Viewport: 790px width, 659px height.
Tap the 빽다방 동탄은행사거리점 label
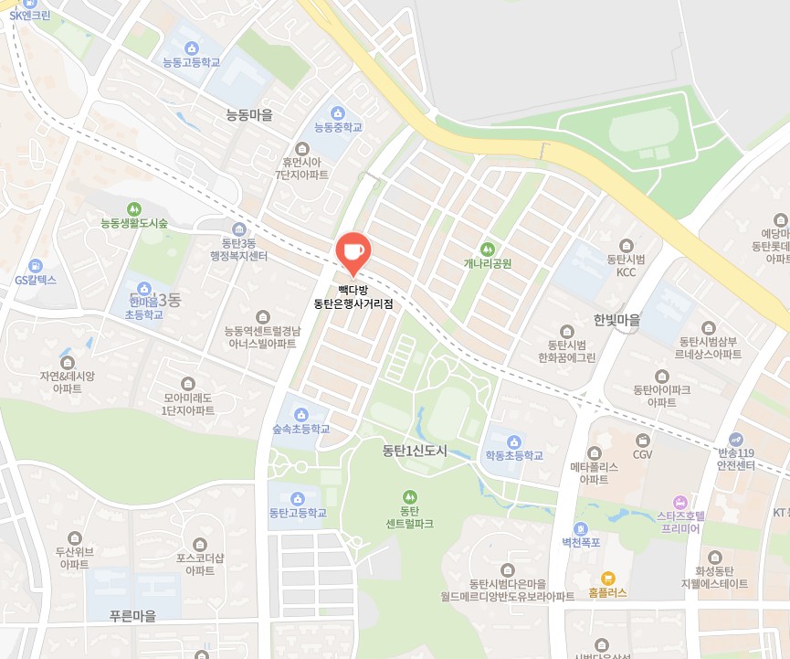point(353,296)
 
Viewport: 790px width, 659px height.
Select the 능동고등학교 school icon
point(191,48)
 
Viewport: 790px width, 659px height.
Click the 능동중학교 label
point(338,127)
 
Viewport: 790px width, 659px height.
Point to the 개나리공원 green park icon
point(487,248)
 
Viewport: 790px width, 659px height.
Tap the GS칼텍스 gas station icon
point(36,265)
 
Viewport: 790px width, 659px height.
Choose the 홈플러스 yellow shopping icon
point(608,578)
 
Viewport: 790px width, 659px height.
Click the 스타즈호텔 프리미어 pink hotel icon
point(679,502)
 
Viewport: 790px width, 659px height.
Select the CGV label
point(643,454)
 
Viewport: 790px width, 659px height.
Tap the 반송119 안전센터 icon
point(736,439)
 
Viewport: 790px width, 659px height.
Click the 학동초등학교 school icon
point(513,441)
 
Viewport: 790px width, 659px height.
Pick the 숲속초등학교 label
point(300,428)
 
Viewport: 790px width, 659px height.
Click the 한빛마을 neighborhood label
point(616,321)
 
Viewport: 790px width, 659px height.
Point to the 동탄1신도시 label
point(416,451)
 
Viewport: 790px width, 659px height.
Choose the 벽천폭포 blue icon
point(580,528)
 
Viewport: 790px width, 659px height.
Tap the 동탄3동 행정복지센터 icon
point(239,229)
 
